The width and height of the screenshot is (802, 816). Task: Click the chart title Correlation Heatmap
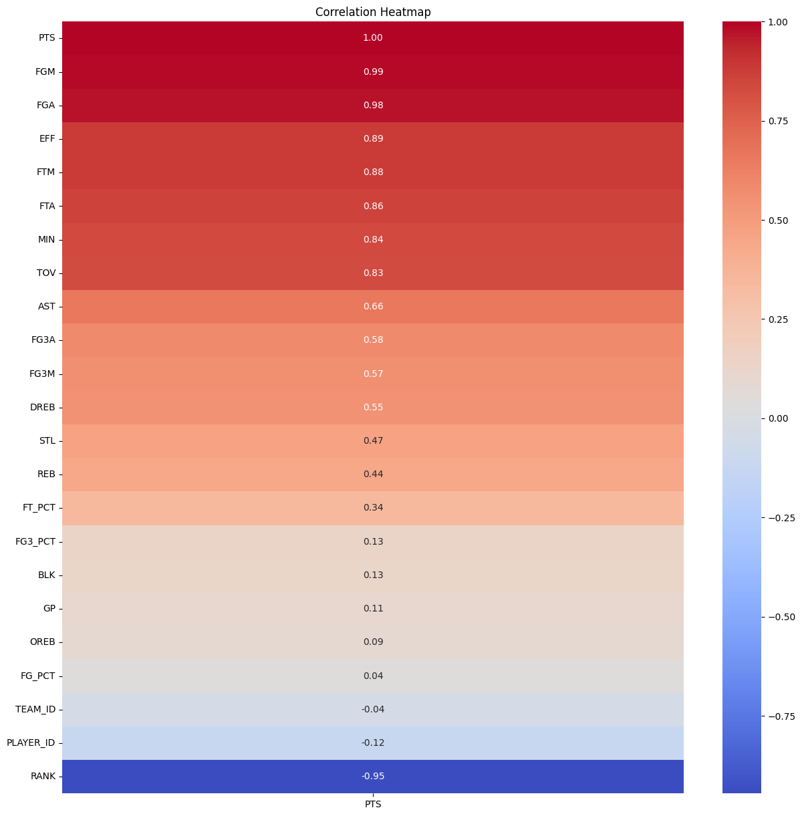point(373,12)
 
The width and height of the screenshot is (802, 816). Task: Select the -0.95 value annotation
point(373,777)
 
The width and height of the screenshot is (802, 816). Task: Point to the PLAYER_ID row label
point(31,743)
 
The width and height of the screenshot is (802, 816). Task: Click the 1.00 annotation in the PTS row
point(373,38)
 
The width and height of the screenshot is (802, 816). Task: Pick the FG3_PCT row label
point(35,541)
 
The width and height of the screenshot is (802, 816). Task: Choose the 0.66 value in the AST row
point(373,307)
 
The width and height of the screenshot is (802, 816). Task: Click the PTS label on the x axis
point(373,805)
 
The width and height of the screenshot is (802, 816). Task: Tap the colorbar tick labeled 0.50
point(778,221)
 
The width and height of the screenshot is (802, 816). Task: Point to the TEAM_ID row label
point(35,709)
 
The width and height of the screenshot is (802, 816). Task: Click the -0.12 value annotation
point(373,743)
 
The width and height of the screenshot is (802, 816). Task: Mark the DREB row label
point(43,407)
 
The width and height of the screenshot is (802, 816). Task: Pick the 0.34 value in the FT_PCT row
point(373,508)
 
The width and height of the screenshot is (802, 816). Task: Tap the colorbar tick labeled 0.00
point(778,418)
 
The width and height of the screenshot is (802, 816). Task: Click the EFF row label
point(47,139)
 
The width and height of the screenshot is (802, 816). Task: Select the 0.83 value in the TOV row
point(373,273)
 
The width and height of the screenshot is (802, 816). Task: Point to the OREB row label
point(42,642)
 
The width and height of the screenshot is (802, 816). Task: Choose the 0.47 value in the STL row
point(373,441)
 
